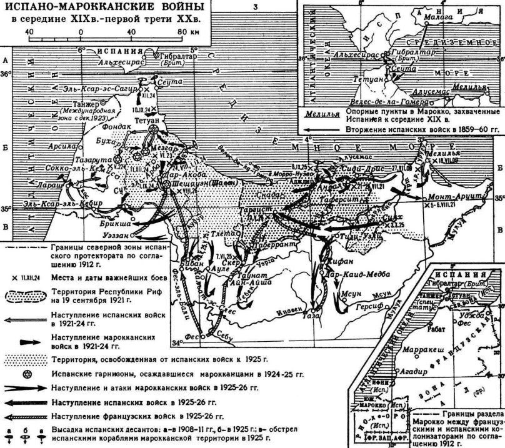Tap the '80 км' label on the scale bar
pyautogui.click(x=185, y=31)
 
